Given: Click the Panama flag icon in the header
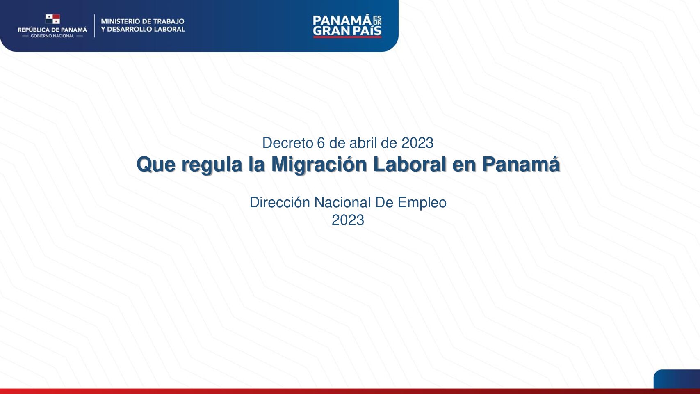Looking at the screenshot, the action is click(x=52, y=19).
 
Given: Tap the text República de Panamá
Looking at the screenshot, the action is click(x=52, y=30).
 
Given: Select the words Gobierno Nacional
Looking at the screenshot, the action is click(x=52, y=36).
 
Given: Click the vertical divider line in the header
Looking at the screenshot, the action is click(x=94, y=25).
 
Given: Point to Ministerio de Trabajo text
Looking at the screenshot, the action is click(x=142, y=21).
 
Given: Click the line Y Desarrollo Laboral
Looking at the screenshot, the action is click(x=143, y=29).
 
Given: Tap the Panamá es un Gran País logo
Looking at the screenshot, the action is click(x=347, y=25).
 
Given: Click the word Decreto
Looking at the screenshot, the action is click(x=287, y=143).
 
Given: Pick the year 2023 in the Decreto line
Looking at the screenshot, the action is click(x=417, y=143).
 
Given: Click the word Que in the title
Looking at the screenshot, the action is click(x=156, y=165).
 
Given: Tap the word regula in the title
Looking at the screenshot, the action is click(x=212, y=165).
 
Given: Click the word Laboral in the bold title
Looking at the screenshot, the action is click(x=409, y=164).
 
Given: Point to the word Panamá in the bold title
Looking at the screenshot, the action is click(x=521, y=164).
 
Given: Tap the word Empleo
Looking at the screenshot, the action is click(x=422, y=203).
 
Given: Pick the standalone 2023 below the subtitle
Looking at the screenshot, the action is click(x=348, y=220).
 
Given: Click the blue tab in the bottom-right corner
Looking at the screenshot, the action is click(x=677, y=379).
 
